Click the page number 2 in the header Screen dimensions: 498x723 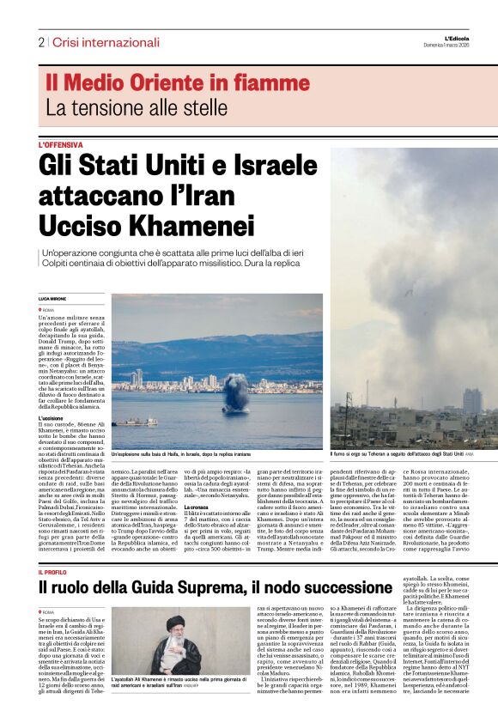(40, 42)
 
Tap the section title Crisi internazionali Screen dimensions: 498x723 (106, 42)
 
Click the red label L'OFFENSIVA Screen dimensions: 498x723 (60, 145)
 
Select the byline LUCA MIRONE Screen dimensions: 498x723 (54, 298)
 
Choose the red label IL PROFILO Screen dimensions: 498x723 (52, 572)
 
